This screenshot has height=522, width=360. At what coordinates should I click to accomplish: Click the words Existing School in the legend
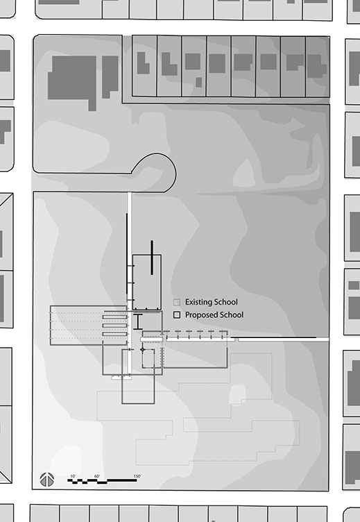pyautogui.click(x=212, y=302)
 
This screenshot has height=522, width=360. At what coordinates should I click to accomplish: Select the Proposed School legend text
pyautogui.click(x=214, y=314)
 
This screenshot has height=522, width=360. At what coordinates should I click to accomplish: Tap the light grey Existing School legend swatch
pyautogui.click(x=177, y=302)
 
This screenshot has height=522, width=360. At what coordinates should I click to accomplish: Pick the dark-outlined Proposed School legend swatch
pyautogui.click(x=177, y=315)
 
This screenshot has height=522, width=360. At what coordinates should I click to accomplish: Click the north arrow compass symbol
pyautogui.click(x=47, y=480)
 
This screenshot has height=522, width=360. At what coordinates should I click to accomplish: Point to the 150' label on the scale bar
pyautogui.click(x=137, y=476)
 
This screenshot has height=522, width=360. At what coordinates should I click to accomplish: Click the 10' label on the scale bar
pyautogui.click(x=73, y=476)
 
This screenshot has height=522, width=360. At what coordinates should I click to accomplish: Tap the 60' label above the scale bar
pyautogui.click(x=97, y=476)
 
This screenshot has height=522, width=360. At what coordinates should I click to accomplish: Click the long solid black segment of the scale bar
pyautogui.click(x=122, y=480)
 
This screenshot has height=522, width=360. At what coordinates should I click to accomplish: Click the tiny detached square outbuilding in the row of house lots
pyautogui.click(x=198, y=82)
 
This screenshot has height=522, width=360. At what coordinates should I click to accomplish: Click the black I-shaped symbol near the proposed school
pyautogui.click(x=138, y=321)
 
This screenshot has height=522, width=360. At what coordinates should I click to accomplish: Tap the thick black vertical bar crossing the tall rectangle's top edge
pyautogui.click(x=152, y=258)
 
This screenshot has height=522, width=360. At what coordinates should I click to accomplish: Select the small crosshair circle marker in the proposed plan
pyautogui.click(x=143, y=350)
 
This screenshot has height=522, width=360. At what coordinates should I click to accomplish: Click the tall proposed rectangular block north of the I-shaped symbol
pyautogui.click(x=147, y=283)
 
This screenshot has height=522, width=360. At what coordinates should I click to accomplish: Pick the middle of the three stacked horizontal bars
pyautogui.click(x=114, y=326)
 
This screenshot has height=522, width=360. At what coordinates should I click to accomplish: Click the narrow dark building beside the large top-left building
pyautogui.click(x=110, y=77)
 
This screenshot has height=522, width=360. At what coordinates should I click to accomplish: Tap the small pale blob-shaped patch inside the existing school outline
pyautogui.click(x=237, y=394)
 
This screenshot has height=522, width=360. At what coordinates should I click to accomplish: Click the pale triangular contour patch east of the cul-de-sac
pyautogui.click(x=244, y=174)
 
